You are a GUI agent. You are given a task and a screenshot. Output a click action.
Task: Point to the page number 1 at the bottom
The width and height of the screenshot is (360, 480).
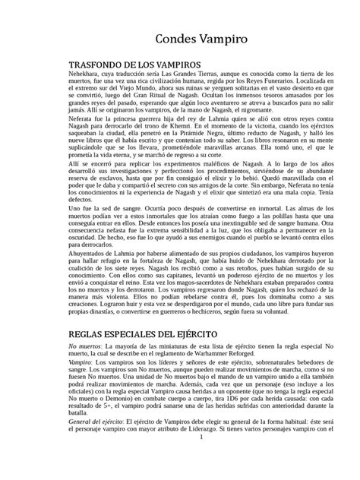coord(179,459)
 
